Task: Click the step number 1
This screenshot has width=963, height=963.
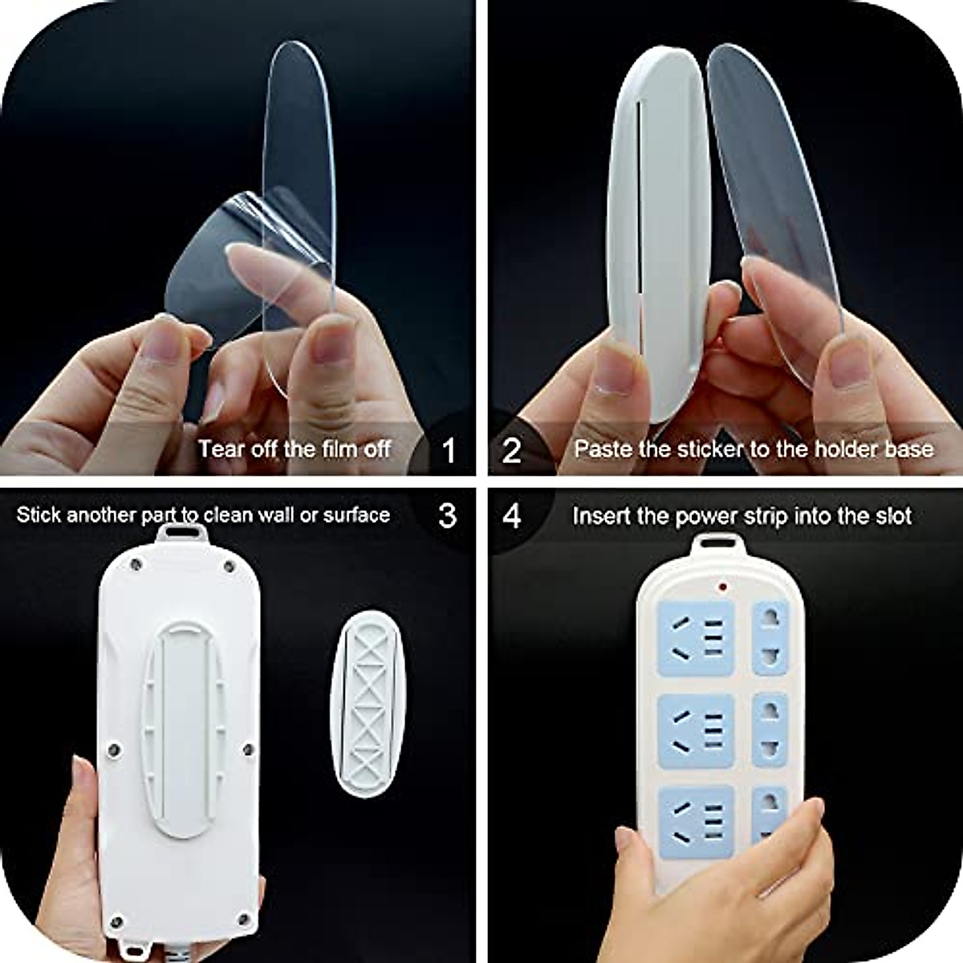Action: coord(448,450)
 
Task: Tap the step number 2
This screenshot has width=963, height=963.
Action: coord(512,450)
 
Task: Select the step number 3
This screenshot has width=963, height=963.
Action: coord(448,514)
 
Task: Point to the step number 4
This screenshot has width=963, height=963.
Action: coord(512,514)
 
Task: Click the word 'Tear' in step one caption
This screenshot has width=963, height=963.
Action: coord(221,448)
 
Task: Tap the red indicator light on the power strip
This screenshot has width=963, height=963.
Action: coord(724,587)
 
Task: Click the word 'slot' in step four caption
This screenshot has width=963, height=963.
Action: coord(893,515)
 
